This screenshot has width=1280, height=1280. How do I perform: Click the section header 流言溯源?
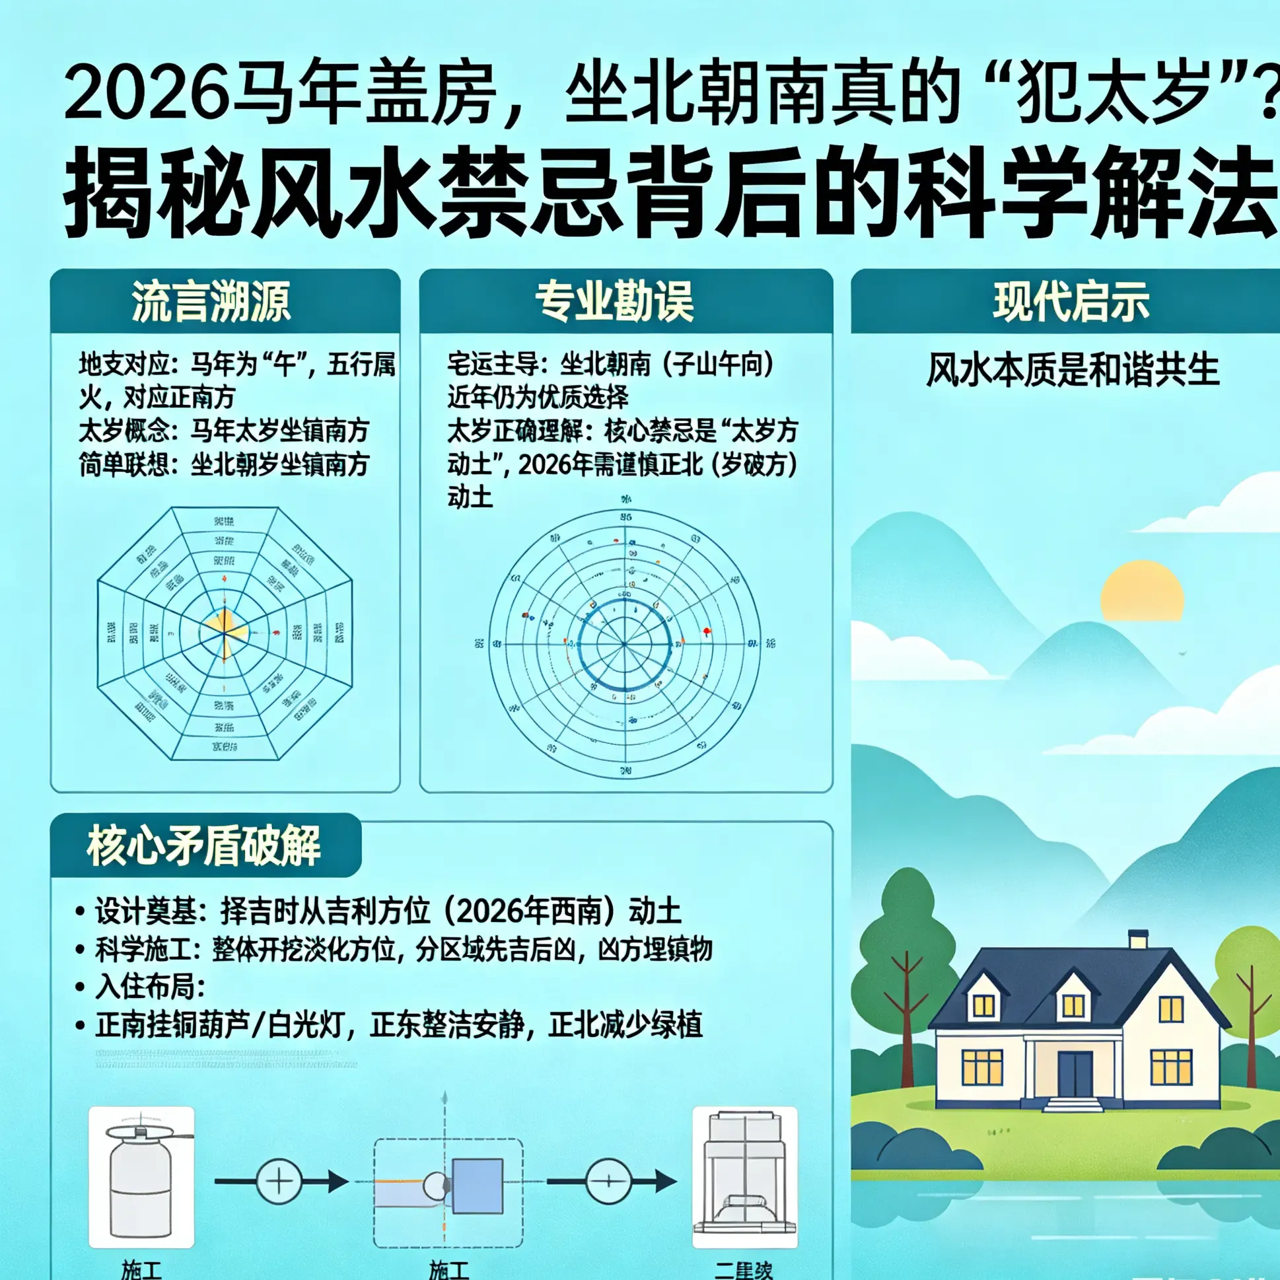coord(211,301)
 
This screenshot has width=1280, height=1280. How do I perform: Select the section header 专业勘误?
coord(615,301)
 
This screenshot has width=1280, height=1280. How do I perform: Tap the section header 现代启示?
coord(1071,301)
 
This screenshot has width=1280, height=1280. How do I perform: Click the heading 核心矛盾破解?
coord(204,846)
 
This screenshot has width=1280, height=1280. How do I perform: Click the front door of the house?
coord(1075,1073)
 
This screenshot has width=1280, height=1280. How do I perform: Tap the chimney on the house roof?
coord(1138,939)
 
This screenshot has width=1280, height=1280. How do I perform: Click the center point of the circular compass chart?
coord(624,643)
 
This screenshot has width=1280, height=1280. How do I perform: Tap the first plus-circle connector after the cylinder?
coord(279,1181)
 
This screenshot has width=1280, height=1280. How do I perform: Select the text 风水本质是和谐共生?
coord(1072,370)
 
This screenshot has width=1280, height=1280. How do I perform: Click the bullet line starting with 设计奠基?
coord(388,911)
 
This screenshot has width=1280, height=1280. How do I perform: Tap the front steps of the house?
coord(1073,1104)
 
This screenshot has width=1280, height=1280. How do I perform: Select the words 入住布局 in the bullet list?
coord(150,987)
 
